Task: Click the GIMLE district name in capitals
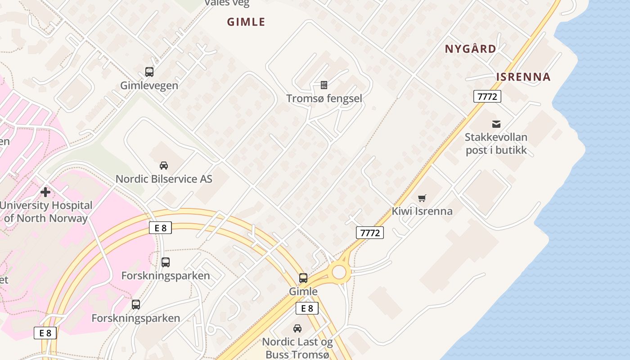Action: [246, 22]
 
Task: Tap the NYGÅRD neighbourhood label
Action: [470, 49]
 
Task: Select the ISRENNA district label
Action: [523, 77]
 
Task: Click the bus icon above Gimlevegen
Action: [149, 72]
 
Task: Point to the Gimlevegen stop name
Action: [149, 85]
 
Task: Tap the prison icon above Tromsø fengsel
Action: [324, 85]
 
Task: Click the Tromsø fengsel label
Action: [324, 98]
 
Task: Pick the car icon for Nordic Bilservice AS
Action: [164, 165]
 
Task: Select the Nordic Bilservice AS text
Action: [164, 179]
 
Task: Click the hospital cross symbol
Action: [45, 192]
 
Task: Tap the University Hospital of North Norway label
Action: [46, 212]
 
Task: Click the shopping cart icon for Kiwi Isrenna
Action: [422, 198]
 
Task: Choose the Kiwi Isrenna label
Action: [422, 211]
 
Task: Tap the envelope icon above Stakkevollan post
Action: [496, 124]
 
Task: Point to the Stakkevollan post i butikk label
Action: [496, 144]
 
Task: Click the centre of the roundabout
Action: [339, 272]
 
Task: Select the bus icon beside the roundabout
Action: [303, 278]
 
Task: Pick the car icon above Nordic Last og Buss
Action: [297, 328]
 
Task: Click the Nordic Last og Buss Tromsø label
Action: [297, 348]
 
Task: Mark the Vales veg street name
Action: [227, 3]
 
